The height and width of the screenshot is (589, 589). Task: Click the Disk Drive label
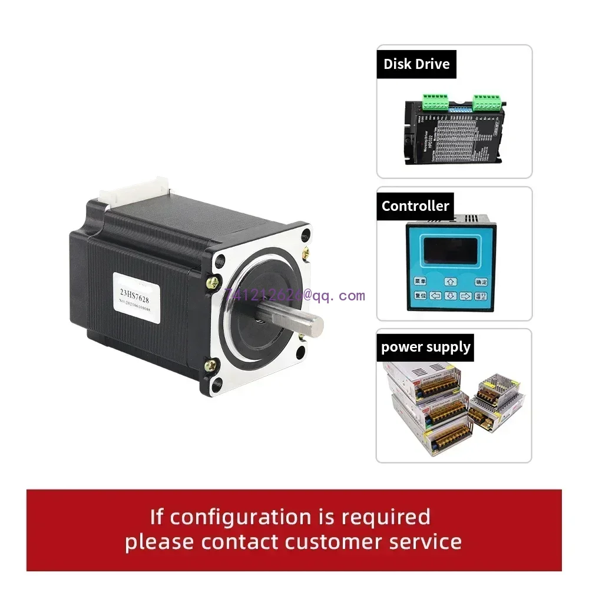[416, 64]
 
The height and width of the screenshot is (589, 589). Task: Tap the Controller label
[415, 206]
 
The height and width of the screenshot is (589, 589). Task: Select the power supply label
[426, 347]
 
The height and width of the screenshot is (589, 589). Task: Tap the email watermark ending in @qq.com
[294, 296]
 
